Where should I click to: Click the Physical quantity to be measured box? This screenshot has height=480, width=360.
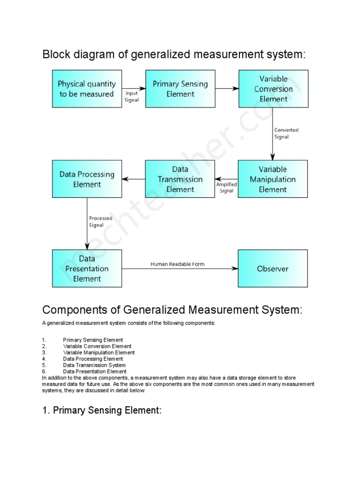(87, 89)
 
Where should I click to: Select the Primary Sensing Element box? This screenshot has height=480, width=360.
(180, 89)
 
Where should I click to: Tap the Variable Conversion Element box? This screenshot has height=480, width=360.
(273, 89)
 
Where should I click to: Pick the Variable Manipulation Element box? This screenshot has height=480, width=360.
(273, 179)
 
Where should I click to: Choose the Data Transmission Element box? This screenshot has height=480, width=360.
(180, 179)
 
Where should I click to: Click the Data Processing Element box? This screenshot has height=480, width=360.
(87, 179)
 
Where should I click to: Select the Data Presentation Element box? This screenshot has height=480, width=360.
(87, 268)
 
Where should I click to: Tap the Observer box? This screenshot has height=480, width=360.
(273, 268)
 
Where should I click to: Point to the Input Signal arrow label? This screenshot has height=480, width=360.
(132, 97)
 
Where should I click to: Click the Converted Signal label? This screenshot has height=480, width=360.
(286, 133)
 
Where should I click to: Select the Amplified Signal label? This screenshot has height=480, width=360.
(226, 187)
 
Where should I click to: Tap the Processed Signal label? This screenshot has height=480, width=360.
(100, 221)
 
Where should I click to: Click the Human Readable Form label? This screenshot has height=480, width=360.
(177, 264)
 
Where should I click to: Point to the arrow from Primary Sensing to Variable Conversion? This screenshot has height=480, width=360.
(227, 88)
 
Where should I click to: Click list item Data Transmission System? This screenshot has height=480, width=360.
(94, 365)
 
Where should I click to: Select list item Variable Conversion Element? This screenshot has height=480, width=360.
(97, 346)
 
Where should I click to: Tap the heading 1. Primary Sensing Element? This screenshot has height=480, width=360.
(102, 411)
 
